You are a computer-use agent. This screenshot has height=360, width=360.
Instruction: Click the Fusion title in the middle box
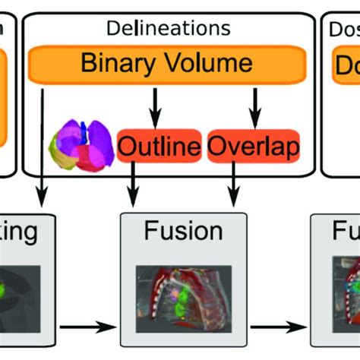point(183,232)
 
